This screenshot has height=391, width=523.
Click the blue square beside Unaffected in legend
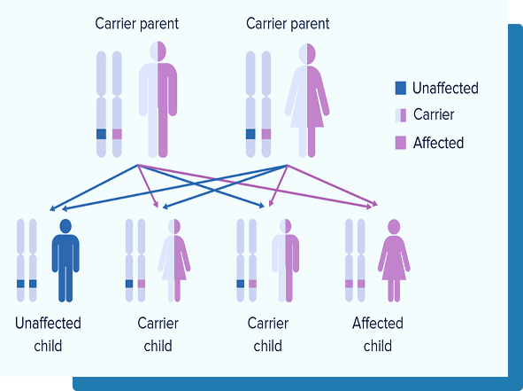point(401,89)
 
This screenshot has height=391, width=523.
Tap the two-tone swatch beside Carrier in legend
point(401,115)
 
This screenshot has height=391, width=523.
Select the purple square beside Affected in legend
point(401,143)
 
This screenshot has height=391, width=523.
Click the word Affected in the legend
point(438,143)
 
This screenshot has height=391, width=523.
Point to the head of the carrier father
point(158,51)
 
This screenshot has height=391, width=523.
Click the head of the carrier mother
point(307,53)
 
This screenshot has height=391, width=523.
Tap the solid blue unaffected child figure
point(65,261)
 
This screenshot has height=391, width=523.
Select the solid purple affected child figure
point(394,261)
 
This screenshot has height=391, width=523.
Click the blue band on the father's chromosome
point(102,134)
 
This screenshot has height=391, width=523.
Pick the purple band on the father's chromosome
point(117,134)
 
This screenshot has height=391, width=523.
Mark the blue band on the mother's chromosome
point(250,134)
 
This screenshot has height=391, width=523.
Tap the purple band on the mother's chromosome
point(266,134)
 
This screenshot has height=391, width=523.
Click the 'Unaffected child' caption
point(48,334)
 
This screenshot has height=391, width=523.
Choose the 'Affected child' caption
point(378,334)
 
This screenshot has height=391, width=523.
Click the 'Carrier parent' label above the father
point(137,24)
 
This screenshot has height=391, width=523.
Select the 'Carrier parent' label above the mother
point(288,24)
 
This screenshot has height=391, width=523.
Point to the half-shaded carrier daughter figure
point(174,261)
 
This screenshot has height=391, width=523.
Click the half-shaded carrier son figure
point(285,261)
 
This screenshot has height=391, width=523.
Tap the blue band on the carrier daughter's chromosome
point(129,284)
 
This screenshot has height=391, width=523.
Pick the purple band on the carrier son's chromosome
point(253,284)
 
